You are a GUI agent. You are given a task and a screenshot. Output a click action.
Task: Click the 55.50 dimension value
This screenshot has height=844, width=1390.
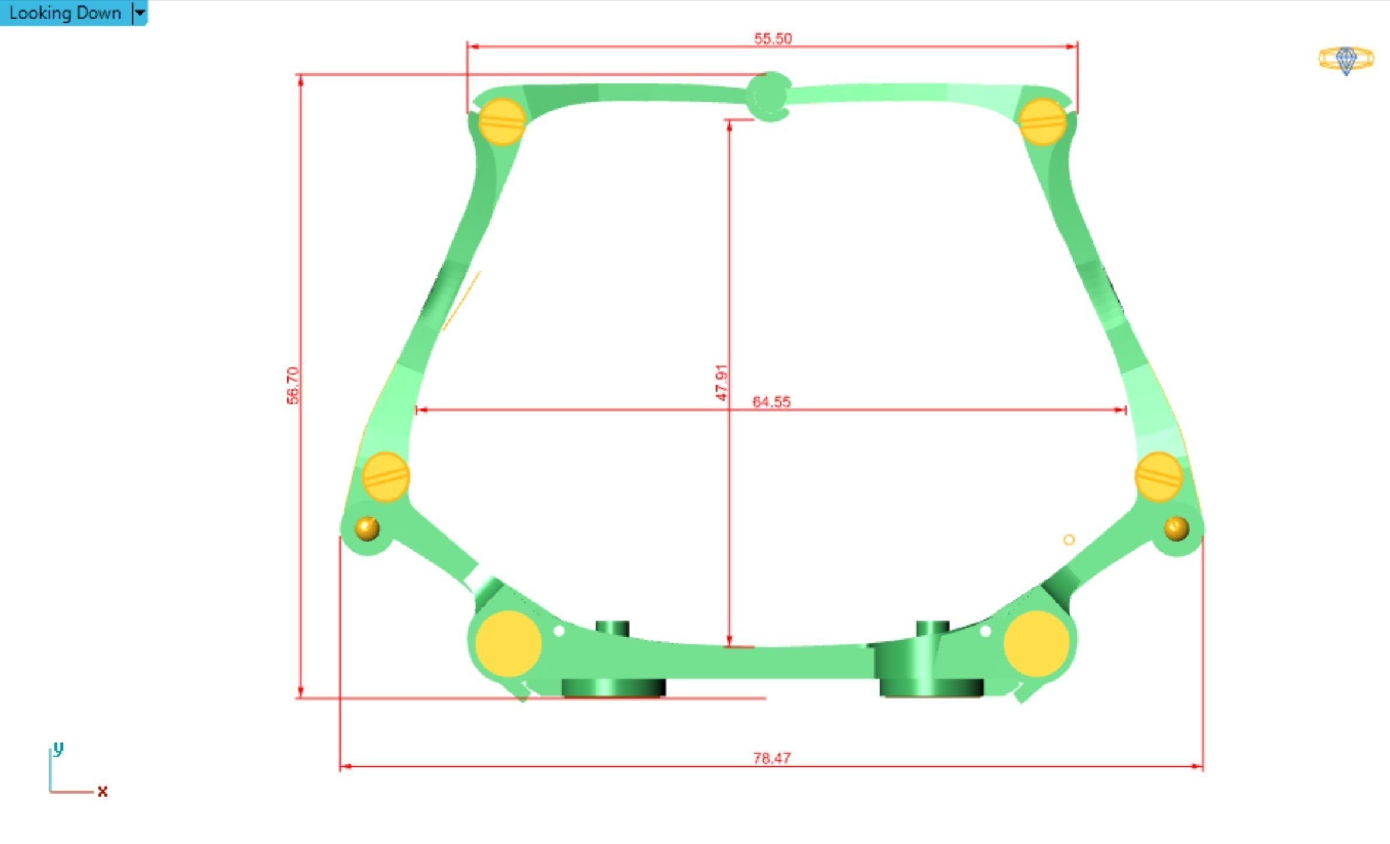pos(773,39)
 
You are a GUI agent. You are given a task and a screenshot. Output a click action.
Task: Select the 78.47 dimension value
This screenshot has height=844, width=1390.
pos(771,758)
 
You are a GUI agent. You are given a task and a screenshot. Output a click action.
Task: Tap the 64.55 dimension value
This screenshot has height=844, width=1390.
pos(771,402)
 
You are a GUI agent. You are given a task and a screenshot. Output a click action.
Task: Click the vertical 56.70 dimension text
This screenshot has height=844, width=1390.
pos(293,385)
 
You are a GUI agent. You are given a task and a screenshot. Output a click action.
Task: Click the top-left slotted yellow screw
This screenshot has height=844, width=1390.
pos(502,122)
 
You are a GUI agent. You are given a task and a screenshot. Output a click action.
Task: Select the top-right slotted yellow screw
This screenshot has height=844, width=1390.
pos(1042,122)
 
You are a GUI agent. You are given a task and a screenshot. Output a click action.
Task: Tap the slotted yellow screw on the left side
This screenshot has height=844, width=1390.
pos(386,477)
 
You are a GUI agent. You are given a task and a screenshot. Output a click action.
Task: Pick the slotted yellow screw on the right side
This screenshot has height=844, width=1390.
pos(1158,477)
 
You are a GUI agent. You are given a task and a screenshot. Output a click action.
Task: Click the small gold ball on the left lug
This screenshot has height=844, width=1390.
pos(367,528)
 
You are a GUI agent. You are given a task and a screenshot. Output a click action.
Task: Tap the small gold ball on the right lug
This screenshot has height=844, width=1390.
pos(1176,528)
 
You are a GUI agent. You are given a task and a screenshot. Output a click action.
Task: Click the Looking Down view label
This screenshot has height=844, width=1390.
pos(64,13)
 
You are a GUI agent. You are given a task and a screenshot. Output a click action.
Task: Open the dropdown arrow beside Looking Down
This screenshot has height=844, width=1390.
pos(140,13)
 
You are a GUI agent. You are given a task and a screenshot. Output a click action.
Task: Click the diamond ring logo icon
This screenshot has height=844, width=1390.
pos(1346,60)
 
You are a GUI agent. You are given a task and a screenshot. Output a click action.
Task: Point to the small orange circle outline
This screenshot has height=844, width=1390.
pos(1069,540)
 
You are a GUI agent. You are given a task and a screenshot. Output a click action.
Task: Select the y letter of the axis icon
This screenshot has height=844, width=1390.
pos(57,749)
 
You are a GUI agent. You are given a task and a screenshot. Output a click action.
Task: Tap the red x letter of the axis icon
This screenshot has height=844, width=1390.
pos(102,792)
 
